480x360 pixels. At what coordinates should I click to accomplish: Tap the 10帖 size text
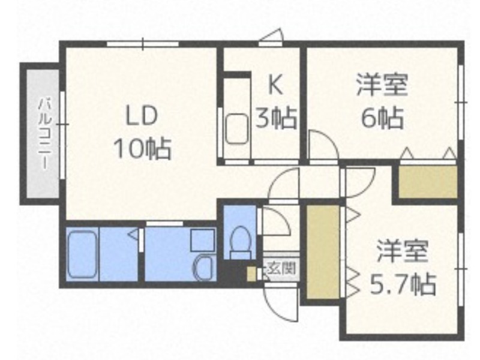(142, 148)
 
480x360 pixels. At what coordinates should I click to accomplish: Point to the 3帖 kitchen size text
(276, 118)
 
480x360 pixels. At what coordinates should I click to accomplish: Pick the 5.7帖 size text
(403, 284)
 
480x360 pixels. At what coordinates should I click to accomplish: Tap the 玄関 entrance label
(281, 268)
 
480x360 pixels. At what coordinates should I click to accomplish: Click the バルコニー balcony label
(44, 133)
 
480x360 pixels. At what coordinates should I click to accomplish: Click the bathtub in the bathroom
(82, 254)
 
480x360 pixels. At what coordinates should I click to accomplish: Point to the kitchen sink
(236, 128)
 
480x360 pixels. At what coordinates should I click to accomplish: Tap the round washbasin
(203, 268)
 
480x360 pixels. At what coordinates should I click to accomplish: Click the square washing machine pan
(202, 241)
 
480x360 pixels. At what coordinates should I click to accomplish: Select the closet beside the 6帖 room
(428, 182)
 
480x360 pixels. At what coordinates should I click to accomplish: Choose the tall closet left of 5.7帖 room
(323, 252)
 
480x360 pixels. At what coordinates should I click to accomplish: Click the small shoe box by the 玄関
(251, 274)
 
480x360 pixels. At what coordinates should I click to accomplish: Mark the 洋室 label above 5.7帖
(402, 251)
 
